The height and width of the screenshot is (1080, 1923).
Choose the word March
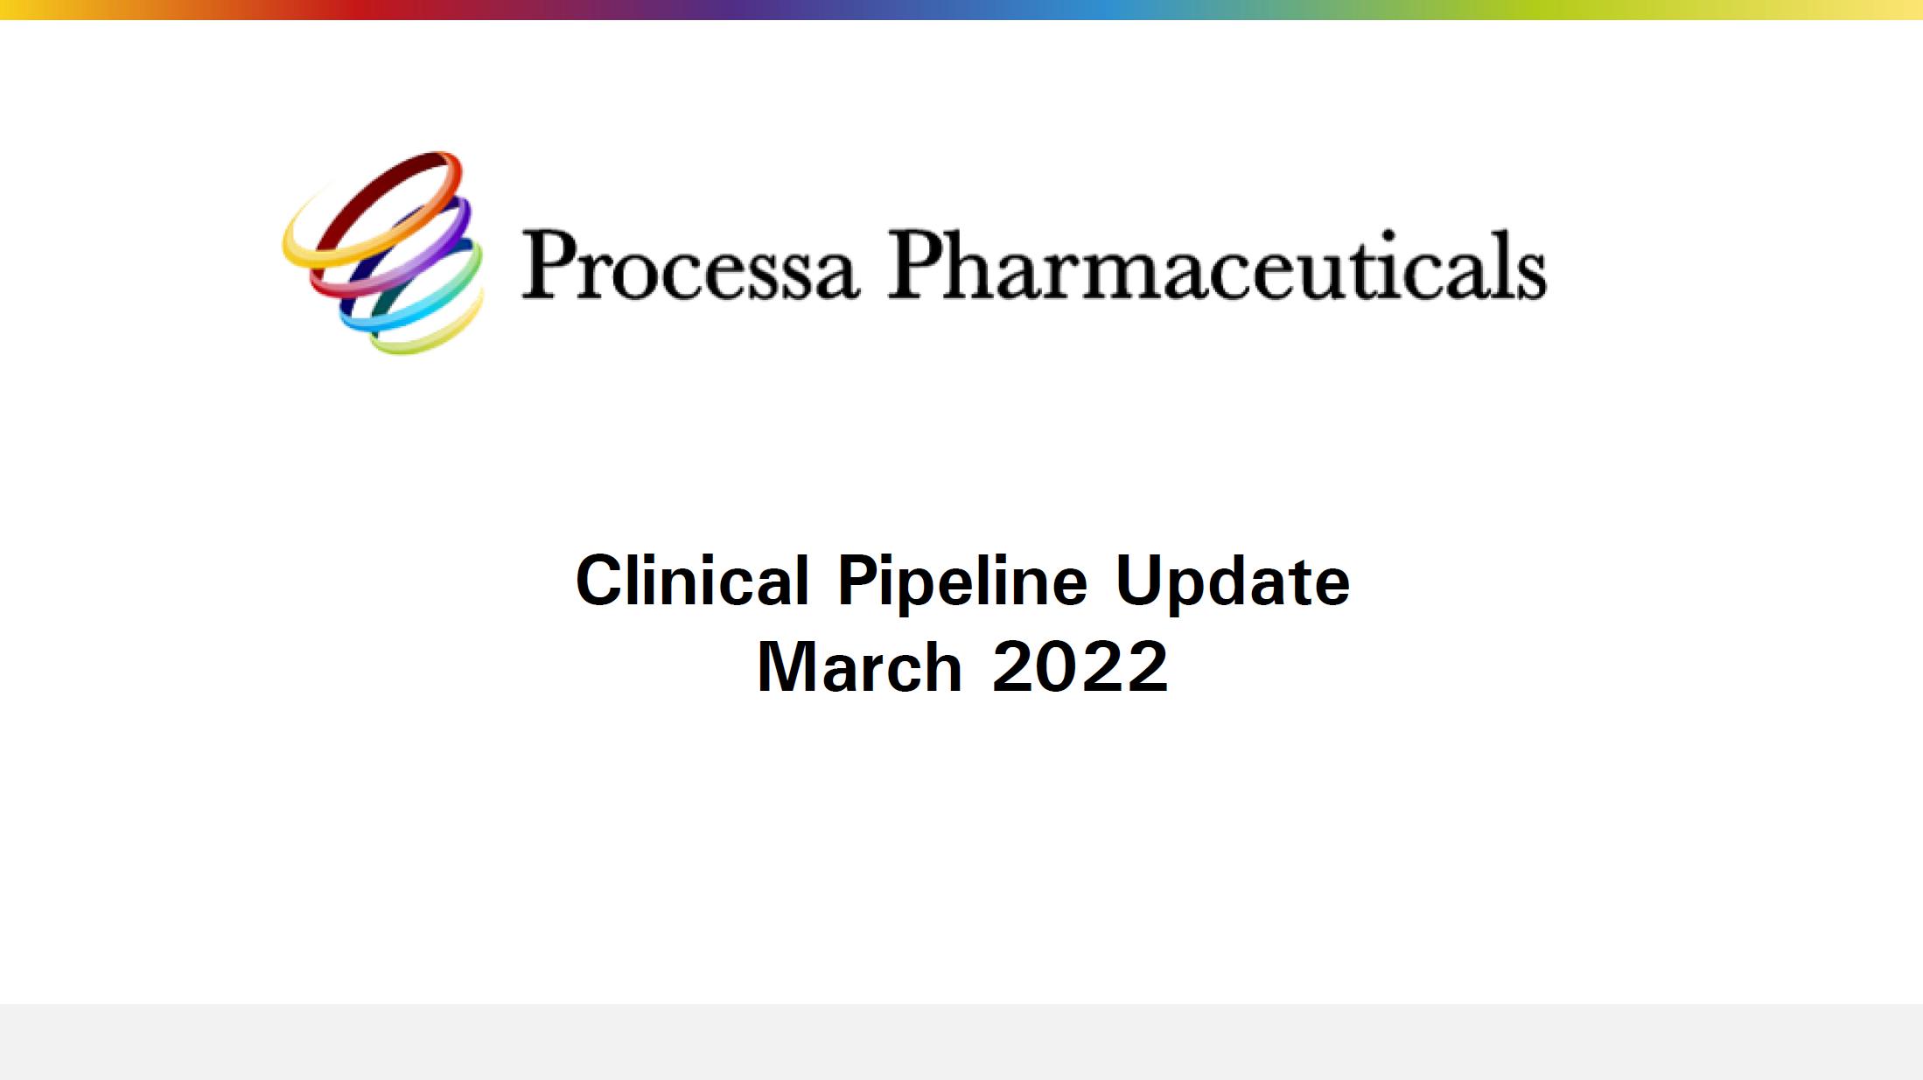pyautogui.click(x=859, y=666)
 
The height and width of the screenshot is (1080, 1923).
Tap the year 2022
pyautogui.click(x=1080, y=666)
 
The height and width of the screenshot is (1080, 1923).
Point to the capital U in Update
pyautogui.click(x=1139, y=580)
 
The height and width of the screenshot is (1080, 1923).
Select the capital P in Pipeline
pyautogui.click(x=859, y=580)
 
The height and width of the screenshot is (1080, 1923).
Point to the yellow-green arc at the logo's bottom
pyautogui.click(x=437, y=332)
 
